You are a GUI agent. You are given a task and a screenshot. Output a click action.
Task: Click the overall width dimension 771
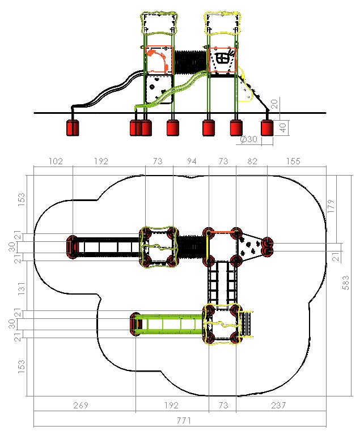[x=184, y=421]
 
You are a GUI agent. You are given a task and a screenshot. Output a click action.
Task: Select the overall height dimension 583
[x=346, y=283]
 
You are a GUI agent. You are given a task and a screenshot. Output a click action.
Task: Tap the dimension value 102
[x=56, y=161]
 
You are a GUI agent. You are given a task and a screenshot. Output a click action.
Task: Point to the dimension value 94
[x=192, y=161]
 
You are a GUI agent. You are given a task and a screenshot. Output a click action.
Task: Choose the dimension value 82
[x=252, y=161]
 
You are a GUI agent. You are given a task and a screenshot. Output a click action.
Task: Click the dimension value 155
[x=293, y=161]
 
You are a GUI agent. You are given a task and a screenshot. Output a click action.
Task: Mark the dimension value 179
[x=331, y=206]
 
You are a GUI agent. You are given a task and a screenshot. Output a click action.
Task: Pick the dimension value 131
[x=21, y=288]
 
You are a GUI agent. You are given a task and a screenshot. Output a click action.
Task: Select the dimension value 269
[x=81, y=406]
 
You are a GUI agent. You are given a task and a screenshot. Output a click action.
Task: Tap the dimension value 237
[x=278, y=406]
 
